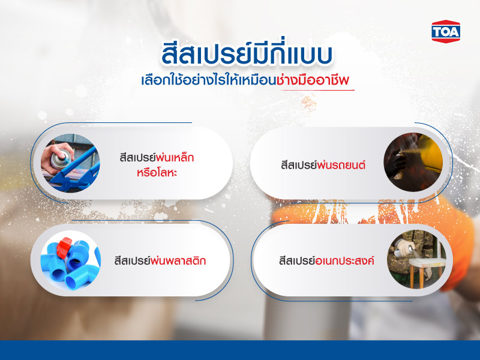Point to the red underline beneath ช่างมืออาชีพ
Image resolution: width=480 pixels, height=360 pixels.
click(317, 91)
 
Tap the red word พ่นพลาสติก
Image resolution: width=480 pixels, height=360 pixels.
click(184, 261)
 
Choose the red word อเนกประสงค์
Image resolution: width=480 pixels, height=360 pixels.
click(344, 261)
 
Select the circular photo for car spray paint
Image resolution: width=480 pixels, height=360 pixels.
click(413, 163)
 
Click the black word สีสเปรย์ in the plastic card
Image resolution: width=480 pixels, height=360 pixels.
click(134, 261)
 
